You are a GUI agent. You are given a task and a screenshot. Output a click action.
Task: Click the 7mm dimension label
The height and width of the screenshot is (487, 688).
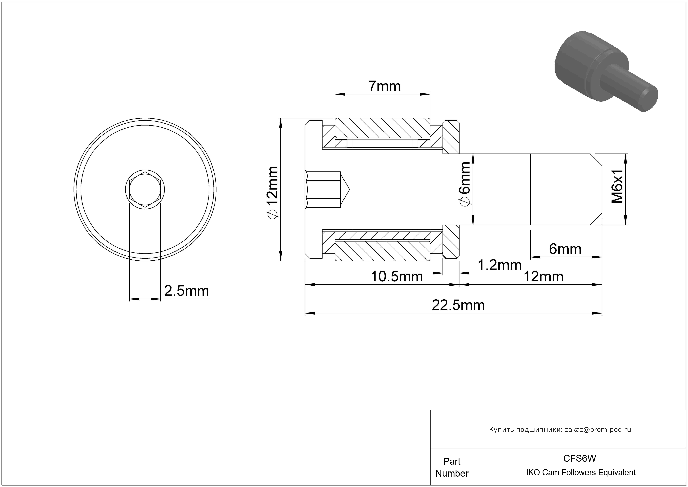(x=385, y=86)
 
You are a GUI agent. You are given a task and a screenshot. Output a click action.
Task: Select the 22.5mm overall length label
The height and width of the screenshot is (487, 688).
(x=458, y=305)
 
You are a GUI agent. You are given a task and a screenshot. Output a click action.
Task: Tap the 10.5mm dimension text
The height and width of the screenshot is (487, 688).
(x=397, y=276)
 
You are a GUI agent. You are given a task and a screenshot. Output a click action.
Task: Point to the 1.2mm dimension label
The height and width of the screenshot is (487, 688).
(x=499, y=265)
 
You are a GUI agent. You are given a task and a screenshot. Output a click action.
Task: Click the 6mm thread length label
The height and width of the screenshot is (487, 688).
(x=565, y=249)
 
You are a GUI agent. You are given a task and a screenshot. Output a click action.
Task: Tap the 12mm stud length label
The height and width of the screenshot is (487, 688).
(x=543, y=276)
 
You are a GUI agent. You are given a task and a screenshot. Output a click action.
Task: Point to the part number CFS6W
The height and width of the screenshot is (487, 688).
(x=579, y=458)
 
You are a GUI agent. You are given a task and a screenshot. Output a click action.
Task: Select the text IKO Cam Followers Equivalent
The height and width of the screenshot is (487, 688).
(x=581, y=472)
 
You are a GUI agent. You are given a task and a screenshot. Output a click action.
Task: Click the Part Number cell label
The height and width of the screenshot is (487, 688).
(x=452, y=467)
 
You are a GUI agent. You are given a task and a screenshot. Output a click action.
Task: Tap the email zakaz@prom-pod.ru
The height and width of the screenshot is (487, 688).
(x=598, y=429)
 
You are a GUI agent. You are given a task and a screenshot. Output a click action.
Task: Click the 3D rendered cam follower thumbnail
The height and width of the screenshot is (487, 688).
(x=606, y=71)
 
